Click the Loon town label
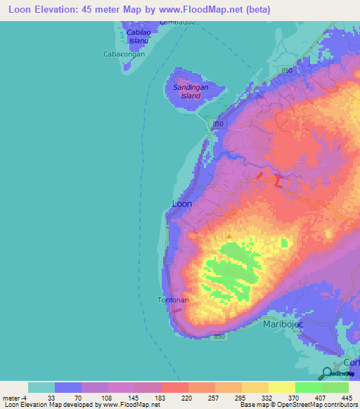[181, 204]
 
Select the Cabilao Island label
[142, 37]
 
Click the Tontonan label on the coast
[172, 299]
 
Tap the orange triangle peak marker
[228, 235]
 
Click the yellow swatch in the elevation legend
[281, 387]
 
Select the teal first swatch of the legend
[41, 387]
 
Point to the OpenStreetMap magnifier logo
[326, 373]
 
